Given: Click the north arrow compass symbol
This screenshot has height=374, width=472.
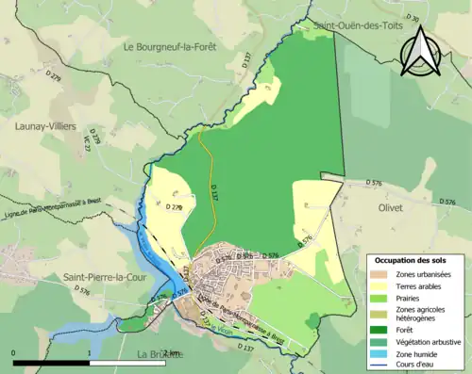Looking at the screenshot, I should tap(421, 50).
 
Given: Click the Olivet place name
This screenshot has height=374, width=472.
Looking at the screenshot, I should tap(389, 206).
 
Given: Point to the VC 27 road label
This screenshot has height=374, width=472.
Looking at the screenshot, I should tap(87, 143).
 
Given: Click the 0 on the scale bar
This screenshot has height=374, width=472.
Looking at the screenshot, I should tap(14, 353).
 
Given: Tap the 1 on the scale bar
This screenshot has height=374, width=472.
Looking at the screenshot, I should tap(90, 353).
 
